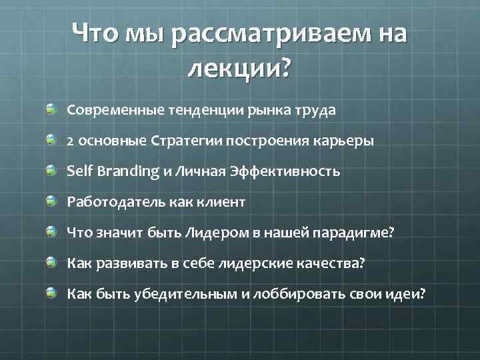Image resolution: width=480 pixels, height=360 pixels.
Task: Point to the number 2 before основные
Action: point(70,141)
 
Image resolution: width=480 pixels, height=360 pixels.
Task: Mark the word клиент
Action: point(223,202)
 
